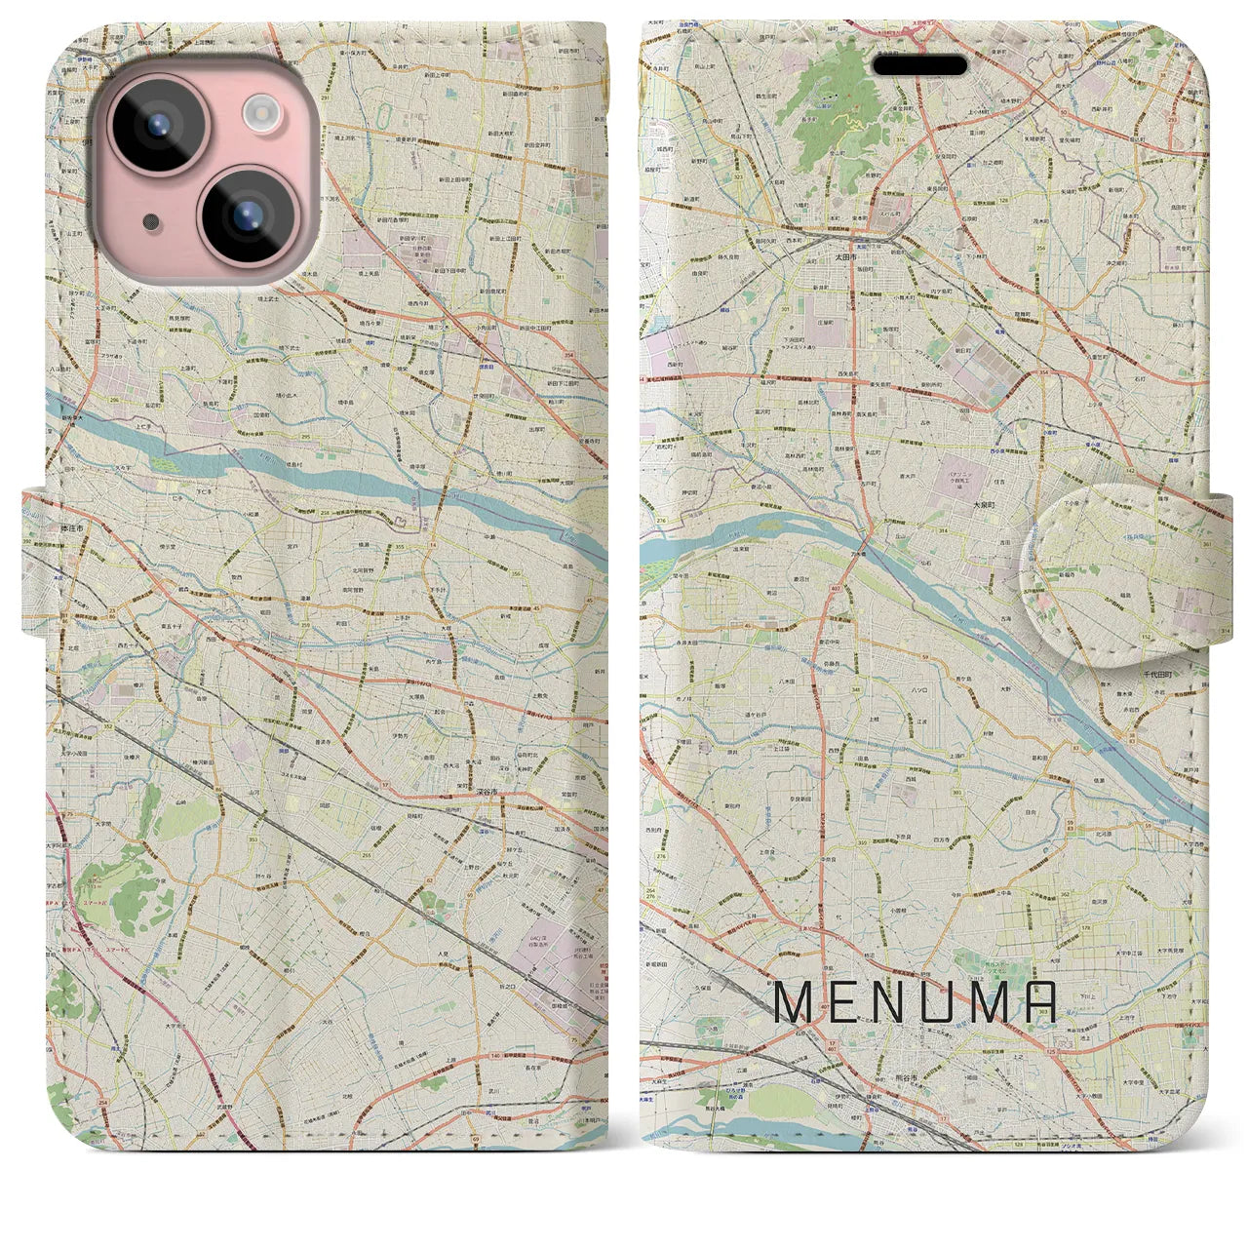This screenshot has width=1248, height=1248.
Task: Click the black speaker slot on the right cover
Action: (x=920, y=65)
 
